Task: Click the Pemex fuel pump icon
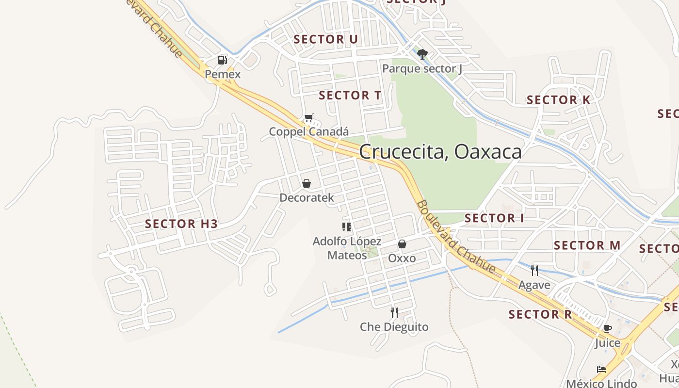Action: (223, 60)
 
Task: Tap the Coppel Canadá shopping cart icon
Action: (308, 118)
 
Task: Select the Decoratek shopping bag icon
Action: (307, 183)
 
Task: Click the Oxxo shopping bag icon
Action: (402, 244)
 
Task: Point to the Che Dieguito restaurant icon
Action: (394, 313)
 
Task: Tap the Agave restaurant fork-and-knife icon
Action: (534, 271)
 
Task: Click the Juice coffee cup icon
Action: (608, 328)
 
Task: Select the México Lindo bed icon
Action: (601, 369)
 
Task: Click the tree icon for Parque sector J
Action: (422, 54)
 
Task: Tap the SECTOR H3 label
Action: (181, 224)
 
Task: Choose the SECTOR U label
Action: (326, 39)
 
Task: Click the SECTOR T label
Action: (350, 96)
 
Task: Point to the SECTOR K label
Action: (559, 100)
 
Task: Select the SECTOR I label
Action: (494, 218)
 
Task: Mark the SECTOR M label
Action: (587, 245)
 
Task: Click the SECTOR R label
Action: (540, 314)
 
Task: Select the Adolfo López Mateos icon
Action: (346, 226)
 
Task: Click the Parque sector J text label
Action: (422, 68)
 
